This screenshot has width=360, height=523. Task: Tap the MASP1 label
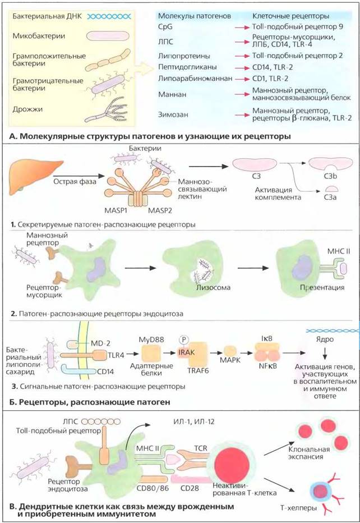pyautogui.click(x=116, y=210)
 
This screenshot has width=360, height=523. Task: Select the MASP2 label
pyautogui.click(x=160, y=210)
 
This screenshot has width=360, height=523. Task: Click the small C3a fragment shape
pyautogui.click(x=332, y=189)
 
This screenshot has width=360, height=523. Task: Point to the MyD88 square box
pyautogui.click(x=151, y=354)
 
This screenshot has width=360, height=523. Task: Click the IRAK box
pyautogui.click(x=186, y=352)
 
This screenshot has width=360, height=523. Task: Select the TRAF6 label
pyautogui.click(x=198, y=370)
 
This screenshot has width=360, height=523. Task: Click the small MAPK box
pyautogui.click(x=230, y=351)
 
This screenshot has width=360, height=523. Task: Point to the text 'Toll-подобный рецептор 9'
pyautogui.click(x=297, y=27)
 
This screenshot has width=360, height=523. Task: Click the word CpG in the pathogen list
pyautogui.click(x=165, y=27)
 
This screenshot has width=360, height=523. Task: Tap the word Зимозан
pyautogui.click(x=173, y=114)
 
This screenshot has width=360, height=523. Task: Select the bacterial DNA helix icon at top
pyautogui.click(x=109, y=16)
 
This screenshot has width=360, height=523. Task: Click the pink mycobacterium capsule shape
pyautogui.click(x=108, y=36)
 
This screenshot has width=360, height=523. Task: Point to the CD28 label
pyautogui.click(x=190, y=488)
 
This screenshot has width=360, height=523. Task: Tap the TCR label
pyautogui.click(x=201, y=448)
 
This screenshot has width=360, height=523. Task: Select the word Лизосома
pyautogui.click(x=213, y=287)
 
